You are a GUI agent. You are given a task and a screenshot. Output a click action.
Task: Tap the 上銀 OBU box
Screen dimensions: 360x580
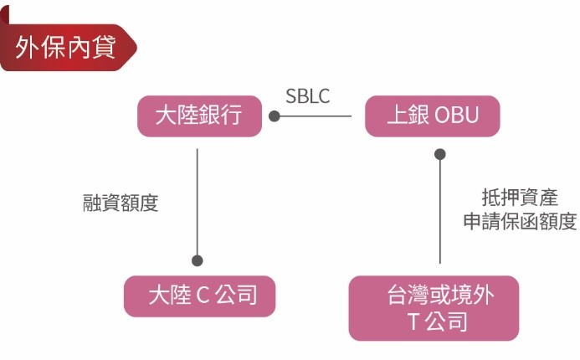click(x=432, y=116)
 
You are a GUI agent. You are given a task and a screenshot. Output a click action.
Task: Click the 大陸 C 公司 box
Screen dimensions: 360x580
click(x=199, y=296)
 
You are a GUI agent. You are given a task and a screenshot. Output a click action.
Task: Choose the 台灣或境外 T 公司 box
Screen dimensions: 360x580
click(x=434, y=307)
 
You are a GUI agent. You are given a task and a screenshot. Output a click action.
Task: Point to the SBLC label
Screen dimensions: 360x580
click(x=308, y=96)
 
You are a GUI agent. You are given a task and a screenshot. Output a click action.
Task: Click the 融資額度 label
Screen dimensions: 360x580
click(x=121, y=203)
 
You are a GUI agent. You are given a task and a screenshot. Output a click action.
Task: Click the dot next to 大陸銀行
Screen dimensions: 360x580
click(x=274, y=116)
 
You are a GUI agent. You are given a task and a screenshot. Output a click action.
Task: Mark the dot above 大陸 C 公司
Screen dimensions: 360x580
click(x=198, y=260)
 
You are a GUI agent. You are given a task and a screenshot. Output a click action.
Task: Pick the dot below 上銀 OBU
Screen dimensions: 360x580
click(x=440, y=154)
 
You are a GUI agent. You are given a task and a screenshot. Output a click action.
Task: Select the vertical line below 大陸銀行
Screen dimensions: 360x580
click(x=198, y=201)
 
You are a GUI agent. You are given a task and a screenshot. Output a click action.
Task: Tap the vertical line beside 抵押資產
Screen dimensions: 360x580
click(x=440, y=209)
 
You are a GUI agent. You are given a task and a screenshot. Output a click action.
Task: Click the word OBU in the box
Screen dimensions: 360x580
click(x=457, y=116)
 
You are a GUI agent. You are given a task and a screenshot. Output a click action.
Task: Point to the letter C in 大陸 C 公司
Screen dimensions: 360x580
click(x=202, y=296)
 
